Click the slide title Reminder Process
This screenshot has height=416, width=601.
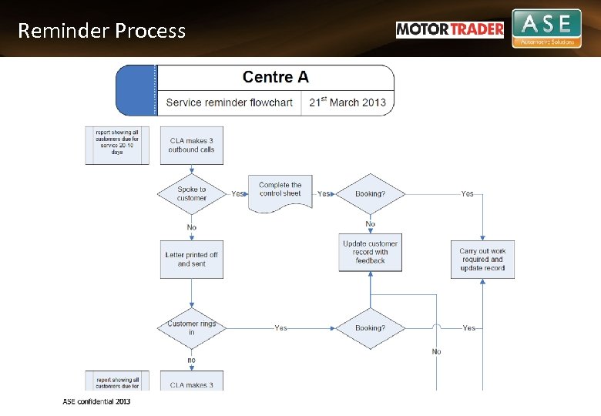point(102,31)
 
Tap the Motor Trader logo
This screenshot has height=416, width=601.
point(450,29)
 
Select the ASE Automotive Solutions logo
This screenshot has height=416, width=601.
point(546,29)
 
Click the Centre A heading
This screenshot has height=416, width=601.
point(275,77)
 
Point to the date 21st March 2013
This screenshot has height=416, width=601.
point(348,102)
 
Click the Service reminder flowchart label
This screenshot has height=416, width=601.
point(229,102)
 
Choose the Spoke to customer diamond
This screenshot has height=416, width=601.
point(192,193)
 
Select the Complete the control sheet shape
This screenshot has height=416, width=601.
point(280,191)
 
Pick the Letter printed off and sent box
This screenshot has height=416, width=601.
point(192,260)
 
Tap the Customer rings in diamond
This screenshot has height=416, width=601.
point(192,328)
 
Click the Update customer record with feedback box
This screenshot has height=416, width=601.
point(371,252)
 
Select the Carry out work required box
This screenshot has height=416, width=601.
point(482,260)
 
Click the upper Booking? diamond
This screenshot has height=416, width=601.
point(371,193)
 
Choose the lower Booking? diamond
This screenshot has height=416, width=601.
point(371,328)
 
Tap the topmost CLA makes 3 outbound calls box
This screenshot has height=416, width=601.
point(192,146)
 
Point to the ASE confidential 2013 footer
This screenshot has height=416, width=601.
point(96,401)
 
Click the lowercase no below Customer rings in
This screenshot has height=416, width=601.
point(191,360)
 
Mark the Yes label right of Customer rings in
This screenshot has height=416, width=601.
point(280,328)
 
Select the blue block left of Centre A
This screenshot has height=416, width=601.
point(136,90)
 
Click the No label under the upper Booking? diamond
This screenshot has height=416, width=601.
point(371,224)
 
